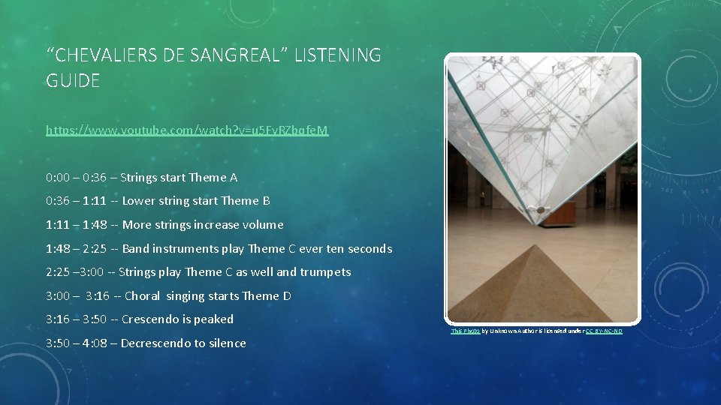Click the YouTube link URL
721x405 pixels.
[187, 130]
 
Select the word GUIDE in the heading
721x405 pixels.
[72, 81]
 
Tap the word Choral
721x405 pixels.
[143, 296]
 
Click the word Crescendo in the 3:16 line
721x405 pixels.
[149, 319]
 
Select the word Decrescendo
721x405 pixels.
[155, 343]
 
